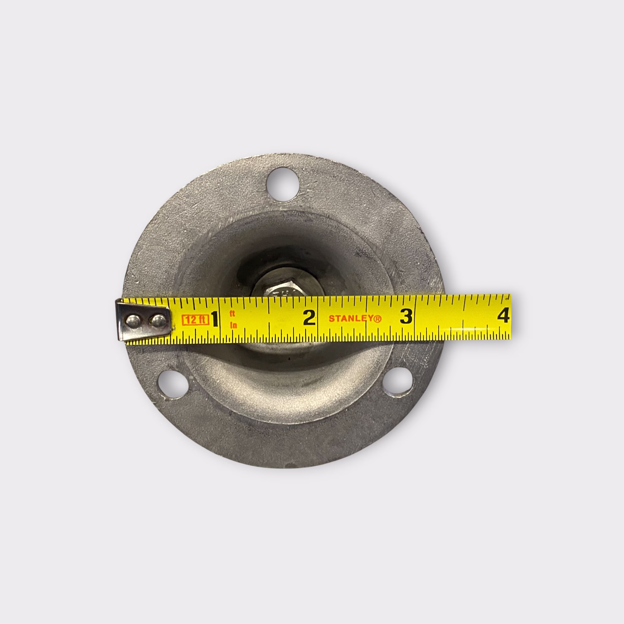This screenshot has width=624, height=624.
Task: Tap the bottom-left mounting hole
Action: coord(174,385)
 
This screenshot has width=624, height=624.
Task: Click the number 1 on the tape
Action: coord(214,319)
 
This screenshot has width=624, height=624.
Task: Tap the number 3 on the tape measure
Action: coord(406,316)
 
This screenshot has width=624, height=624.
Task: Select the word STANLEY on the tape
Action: coord(351,319)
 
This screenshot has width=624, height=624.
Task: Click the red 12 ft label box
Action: coord(195,320)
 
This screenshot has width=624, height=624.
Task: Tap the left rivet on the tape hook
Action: coord(134,321)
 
